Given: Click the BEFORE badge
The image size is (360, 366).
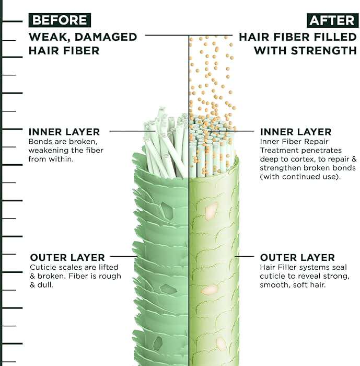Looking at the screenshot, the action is pyautogui.click(x=60, y=20).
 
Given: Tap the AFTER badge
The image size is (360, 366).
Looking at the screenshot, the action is pyautogui.click(x=333, y=20).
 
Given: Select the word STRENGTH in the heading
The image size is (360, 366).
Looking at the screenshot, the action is pyautogui.click(x=324, y=51).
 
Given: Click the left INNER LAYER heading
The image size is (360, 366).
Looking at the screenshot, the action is pyautogui.click(x=64, y=132).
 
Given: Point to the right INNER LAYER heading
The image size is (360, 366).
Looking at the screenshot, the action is pyautogui.click(x=296, y=132).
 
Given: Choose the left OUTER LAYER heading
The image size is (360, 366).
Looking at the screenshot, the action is pyautogui.click(x=67, y=258).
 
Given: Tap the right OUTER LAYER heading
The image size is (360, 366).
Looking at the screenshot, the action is pyautogui.click(x=297, y=258).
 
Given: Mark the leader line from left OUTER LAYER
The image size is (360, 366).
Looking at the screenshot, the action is pyautogui.click(x=124, y=256).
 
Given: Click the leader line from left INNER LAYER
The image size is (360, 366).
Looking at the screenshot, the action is pyautogui.click(x=133, y=131).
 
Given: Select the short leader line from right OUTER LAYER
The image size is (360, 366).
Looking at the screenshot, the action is pyautogui.click(x=245, y=256).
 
